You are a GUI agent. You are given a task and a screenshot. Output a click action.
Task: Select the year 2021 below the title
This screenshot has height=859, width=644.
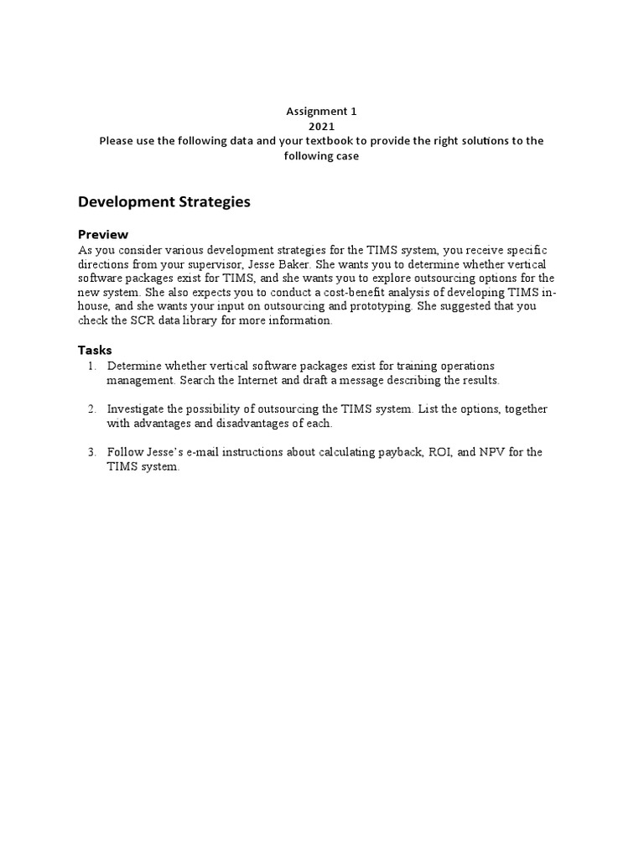click(321, 126)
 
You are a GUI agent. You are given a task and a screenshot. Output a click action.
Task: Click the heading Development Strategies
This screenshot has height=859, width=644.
click(164, 202)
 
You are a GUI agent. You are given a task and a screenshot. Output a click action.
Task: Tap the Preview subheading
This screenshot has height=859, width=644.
click(103, 234)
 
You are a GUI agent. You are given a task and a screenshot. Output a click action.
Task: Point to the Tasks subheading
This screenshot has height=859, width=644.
click(95, 350)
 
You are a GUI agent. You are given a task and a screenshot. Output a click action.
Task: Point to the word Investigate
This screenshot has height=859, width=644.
click(137, 409)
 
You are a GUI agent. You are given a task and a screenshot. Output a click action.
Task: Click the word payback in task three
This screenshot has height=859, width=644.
click(398, 451)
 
